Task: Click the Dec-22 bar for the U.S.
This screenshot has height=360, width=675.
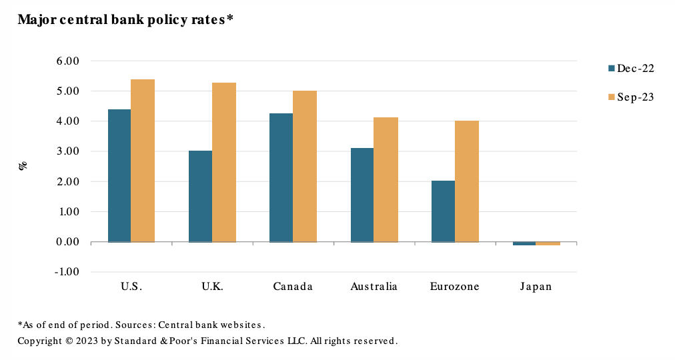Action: coord(119,175)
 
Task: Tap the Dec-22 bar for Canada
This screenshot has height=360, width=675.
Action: coord(281,177)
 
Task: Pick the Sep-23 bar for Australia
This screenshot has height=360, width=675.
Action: coord(386,179)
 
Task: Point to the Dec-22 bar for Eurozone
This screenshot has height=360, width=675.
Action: coord(443,211)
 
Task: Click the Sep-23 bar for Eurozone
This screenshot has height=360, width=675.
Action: coord(467,181)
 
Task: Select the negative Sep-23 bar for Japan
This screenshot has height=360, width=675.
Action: coord(548,243)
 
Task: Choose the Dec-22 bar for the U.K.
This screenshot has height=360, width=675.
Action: coord(200,196)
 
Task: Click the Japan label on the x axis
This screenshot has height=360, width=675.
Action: coord(536,287)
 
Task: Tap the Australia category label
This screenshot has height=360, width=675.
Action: coord(374,287)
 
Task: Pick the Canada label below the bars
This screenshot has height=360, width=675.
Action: coord(293,287)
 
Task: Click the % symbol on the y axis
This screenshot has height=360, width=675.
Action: coord(23,165)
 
